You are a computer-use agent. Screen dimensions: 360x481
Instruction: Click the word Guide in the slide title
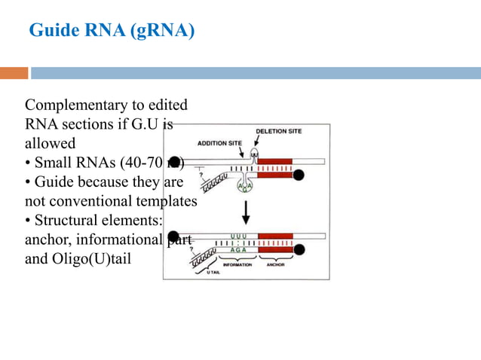pos(52,31)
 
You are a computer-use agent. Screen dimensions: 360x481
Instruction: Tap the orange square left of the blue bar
pos(14,73)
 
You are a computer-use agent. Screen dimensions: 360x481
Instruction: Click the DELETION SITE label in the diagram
pos(278,131)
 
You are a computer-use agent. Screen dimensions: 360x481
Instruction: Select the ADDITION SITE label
pos(219,142)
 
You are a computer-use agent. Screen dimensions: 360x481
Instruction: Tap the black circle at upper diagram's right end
pos(299,175)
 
